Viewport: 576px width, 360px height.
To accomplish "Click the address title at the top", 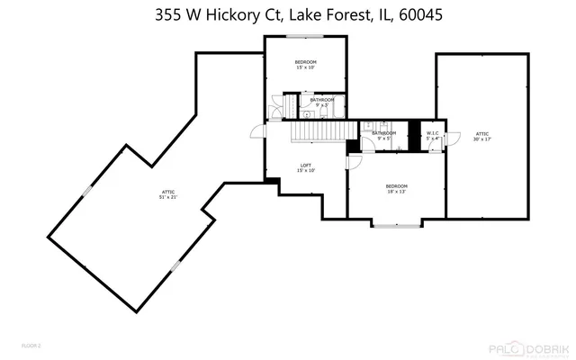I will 288,14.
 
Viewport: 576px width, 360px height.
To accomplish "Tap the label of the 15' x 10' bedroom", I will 303,65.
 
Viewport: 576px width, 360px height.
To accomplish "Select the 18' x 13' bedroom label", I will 397,188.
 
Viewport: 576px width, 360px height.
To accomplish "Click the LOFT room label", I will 306,167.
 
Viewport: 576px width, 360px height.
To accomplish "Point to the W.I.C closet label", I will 432,136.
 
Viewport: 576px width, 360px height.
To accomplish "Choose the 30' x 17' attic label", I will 481,136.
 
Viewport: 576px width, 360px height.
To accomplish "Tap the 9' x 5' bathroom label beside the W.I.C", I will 385,136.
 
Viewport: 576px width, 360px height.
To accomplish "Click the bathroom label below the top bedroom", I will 322,102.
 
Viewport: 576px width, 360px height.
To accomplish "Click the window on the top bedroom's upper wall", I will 303,36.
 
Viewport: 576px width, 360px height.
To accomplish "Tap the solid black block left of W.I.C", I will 415,131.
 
